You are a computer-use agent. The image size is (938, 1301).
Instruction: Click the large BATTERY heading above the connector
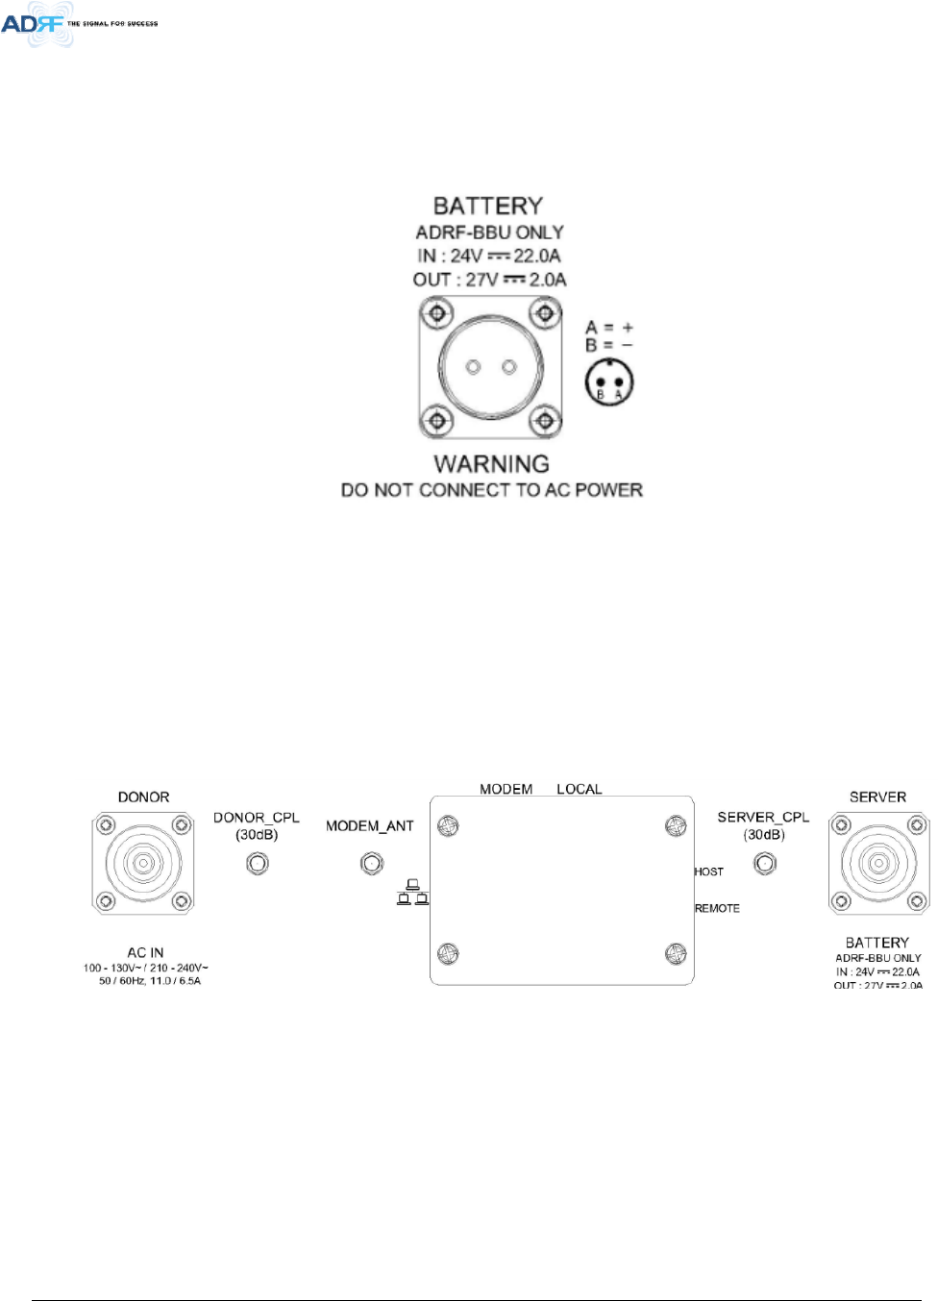pyautogui.click(x=488, y=206)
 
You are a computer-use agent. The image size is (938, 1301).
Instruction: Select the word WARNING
pyautogui.click(x=491, y=464)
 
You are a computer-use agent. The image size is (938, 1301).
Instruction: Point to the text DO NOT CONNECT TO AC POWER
pyautogui.click(x=491, y=490)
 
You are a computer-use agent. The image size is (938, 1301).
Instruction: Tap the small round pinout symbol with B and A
pyautogui.click(x=609, y=382)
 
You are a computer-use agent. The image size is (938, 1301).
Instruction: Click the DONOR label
pyautogui.click(x=143, y=798)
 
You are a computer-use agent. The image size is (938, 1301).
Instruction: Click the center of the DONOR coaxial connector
pyautogui.click(x=143, y=863)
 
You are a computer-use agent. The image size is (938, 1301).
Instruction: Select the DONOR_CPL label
pyautogui.click(x=257, y=818)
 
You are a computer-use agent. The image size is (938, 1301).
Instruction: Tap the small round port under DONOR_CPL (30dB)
pyautogui.click(x=258, y=863)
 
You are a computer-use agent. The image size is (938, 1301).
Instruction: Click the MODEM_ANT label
pyautogui.click(x=370, y=826)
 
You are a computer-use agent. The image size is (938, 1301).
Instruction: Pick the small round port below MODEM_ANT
pyautogui.click(x=372, y=864)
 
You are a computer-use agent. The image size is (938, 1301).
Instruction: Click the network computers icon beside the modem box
pyautogui.click(x=413, y=893)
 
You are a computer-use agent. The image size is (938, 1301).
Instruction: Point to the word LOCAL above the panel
pyautogui.click(x=580, y=789)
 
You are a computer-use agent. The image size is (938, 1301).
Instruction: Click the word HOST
pyautogui.click(x=709, y=871)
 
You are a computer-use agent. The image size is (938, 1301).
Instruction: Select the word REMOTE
pyautogui.click(x=717, y=908)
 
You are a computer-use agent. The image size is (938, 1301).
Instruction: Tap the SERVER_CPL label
pyautogui.click(x=763, y=818)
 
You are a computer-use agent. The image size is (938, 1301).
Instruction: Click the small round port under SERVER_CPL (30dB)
pyautogui.click(x=765, y=863)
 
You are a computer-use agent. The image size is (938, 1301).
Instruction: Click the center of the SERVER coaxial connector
pyautogui.click(x=878, y=863)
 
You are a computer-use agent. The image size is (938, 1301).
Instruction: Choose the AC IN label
pyautogui.click(x=146, y=952)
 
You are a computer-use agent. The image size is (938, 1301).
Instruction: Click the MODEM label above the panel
pyautogui.click(x=506, y=789)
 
